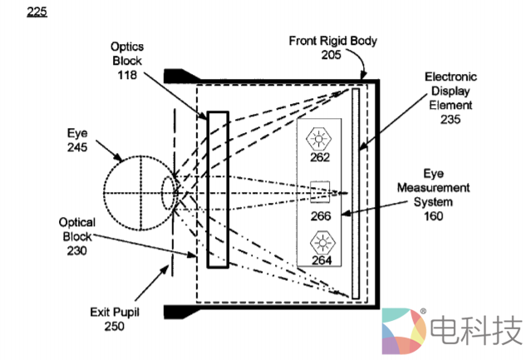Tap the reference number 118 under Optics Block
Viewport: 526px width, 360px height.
click(x=127, y=74)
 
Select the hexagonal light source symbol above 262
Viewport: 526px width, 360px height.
click(x=320, y=137)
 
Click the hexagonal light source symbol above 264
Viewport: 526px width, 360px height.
click(x=320, y=243)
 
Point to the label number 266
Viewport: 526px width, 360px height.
click(x=321, y=216)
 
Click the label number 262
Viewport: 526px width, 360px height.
click(x=321, y=157)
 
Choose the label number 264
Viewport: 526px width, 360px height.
click(x=321, y=260)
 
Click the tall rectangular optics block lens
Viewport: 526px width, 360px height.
click(x=218, y=189)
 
